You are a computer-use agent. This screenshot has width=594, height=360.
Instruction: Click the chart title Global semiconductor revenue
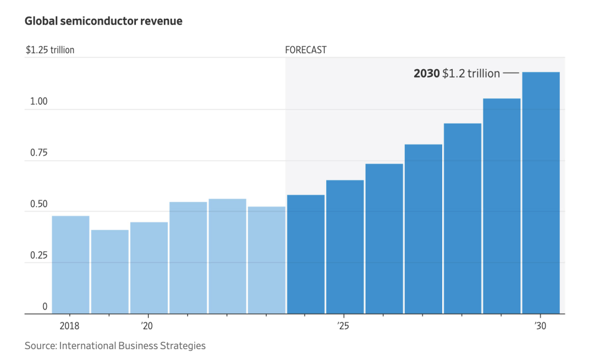click(103, 21)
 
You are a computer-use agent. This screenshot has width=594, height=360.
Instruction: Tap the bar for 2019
click(109, 272)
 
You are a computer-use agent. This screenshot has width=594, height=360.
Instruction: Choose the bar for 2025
click(345, 247)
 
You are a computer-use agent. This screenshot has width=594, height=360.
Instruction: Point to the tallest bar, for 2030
click(541, 193)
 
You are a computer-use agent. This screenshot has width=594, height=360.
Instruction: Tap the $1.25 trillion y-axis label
click(50, 50)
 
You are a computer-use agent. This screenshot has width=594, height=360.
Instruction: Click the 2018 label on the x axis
click(70, 326)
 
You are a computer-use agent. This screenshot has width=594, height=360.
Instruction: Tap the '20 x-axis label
click(146, 326)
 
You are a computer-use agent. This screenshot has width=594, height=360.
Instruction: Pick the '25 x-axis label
click(344, 326)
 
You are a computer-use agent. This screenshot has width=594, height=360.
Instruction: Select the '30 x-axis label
click(540, 326)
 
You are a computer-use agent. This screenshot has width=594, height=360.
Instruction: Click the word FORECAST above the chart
click(306, 50)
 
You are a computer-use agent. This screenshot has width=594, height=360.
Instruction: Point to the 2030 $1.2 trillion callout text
click(457, 73)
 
